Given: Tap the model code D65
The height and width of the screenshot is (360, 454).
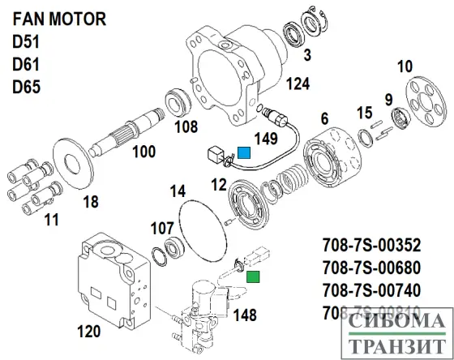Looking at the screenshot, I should [x=26, y=85].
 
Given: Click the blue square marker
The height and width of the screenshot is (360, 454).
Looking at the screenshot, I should [x=243, y=152].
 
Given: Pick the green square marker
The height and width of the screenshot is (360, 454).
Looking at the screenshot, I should [x=254, y=278].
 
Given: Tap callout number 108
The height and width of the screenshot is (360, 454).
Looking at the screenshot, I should [x=186, y=126].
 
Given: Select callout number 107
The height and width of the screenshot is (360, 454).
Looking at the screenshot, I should [x=162, y=228].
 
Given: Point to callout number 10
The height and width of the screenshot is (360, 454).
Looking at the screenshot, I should [x=404, y=66].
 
